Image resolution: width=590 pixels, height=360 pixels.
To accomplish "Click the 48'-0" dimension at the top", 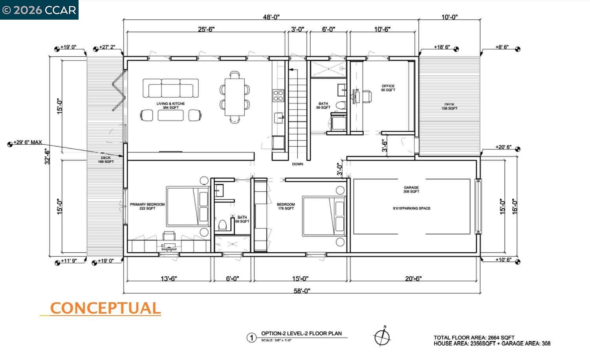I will (271, 17).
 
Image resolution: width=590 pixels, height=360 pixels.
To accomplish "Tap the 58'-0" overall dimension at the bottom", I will (302, 291).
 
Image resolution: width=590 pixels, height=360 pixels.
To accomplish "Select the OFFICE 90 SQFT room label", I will (388, 88).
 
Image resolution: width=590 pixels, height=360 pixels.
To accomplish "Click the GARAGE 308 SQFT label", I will (411, 189).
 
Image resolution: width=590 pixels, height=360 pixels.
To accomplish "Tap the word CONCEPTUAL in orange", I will (105, 308).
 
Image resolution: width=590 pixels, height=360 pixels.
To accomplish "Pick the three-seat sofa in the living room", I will (170, 88).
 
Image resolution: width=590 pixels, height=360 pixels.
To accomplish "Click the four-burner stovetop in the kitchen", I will (278, 95).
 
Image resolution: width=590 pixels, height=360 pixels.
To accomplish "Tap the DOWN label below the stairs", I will (297, 164).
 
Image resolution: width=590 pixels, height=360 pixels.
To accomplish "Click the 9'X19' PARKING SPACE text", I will (411, 208).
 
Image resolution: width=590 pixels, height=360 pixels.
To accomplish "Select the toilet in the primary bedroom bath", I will (222, 225).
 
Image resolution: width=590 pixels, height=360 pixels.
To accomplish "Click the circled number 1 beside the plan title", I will (251, 338).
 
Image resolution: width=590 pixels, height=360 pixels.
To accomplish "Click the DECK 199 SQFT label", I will (106, 160).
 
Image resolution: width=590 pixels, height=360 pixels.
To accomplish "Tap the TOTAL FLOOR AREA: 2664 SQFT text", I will (474, 337).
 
